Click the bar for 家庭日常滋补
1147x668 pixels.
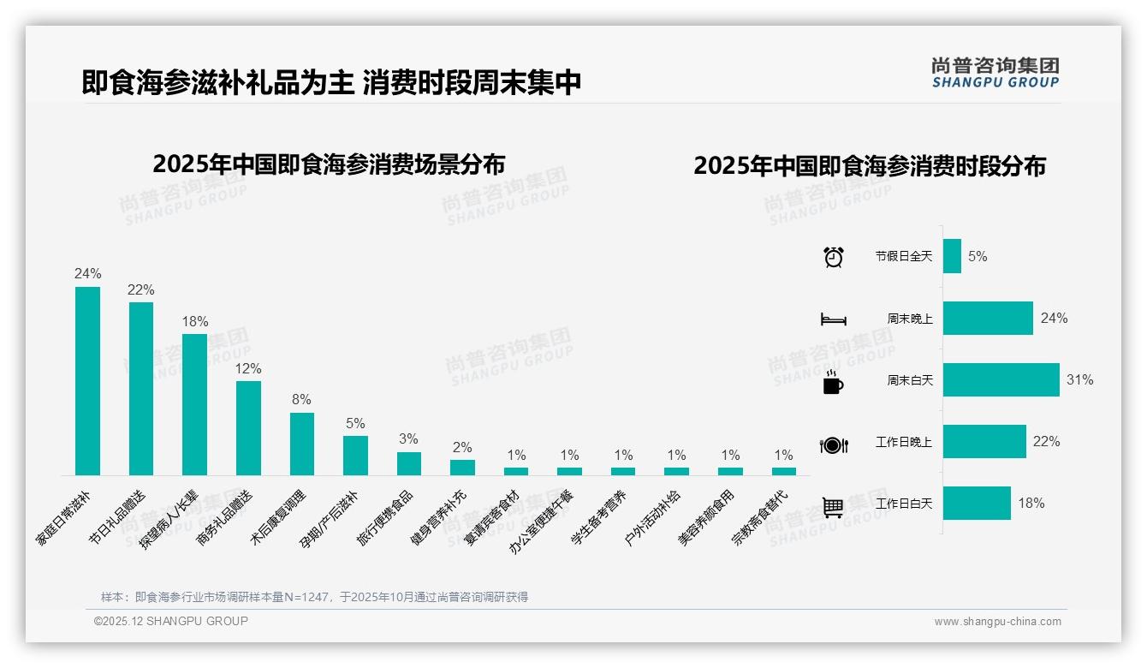[x=87, y=380]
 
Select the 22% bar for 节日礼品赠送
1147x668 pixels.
[x=141, y=388]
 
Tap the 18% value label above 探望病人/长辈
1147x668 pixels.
[x=195, y=322]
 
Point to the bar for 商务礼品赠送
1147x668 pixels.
[x=248, y=427]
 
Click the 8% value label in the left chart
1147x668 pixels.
[x=301, y=400]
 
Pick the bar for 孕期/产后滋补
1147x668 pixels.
[x=355, y=455]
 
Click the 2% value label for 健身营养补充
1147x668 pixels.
[x=462, y=447]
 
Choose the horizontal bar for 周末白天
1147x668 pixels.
[x=1001, y=380]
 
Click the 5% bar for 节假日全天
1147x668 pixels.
[x=952, y=256]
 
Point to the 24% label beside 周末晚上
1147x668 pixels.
[x=1054, y=319]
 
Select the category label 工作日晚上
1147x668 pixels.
[x=903, y=442]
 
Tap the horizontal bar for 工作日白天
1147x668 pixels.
[x=977, y=504]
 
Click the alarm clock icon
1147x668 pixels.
[x=834, y=257]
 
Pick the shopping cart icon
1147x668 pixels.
[x=833, y=507]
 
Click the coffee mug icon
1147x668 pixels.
[x=833, y=383]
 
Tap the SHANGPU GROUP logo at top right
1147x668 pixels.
[x=995, y=73]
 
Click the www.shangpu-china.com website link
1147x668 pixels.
[x=997, y=622]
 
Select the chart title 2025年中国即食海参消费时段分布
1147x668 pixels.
[x=870, y=166]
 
